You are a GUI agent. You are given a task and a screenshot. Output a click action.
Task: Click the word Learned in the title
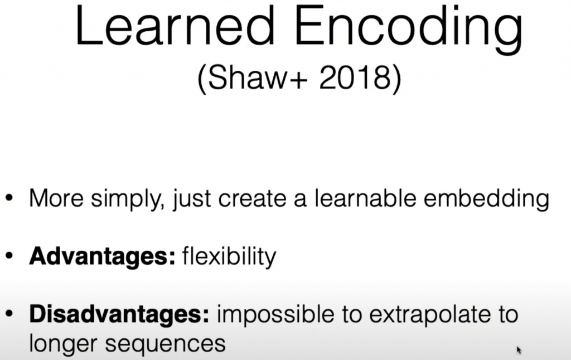pos(175,26)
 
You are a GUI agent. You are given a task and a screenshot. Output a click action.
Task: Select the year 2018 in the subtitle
pos(355,77)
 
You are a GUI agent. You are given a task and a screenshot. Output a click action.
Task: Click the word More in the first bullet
pos(56,198)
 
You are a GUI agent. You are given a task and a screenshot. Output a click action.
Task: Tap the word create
pos(252,199)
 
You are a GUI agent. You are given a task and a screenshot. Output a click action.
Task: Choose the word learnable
pos(365,198)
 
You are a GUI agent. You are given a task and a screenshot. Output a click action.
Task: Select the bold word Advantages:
pos(103,256)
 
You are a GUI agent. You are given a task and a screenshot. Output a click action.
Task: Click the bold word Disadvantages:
pos(119,314)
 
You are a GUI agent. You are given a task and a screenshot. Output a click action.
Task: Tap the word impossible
pos(275,315)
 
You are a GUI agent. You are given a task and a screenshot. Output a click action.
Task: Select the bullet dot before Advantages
pos(9,256)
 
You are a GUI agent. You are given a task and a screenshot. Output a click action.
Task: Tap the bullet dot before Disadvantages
pos(9,313)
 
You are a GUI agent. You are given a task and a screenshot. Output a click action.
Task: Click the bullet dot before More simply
pos(9,198)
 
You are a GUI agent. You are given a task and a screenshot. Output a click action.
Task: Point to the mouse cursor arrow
pos(519,350)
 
